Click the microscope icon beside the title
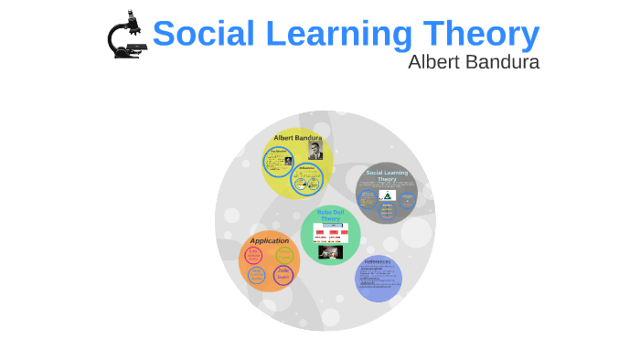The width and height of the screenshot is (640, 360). [x=126, y=36]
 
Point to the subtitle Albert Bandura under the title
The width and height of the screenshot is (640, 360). [x=473, y=62]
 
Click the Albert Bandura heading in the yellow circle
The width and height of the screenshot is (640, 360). [x=297, y=138]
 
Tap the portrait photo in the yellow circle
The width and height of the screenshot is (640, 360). [x=315, y=150]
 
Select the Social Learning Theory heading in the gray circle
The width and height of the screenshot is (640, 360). [x=387, y=175]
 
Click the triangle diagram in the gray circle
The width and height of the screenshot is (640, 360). [x=387, y=196]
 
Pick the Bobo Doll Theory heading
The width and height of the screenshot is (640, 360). [x=330, y=216]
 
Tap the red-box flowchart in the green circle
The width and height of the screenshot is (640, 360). [x=330, y=233]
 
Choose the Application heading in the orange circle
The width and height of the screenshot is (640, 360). [x=269, y=241]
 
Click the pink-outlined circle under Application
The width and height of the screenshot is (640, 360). [x=253, y=256]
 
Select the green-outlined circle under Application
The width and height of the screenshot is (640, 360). [x=284, y=256]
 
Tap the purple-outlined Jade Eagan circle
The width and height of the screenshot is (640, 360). [x=283, y=274]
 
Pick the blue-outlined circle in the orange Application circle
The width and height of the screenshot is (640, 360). [x=257, y=275]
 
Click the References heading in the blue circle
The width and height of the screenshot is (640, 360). [x=378, y=261]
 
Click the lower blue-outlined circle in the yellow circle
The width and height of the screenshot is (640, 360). [x=307, y=179]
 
